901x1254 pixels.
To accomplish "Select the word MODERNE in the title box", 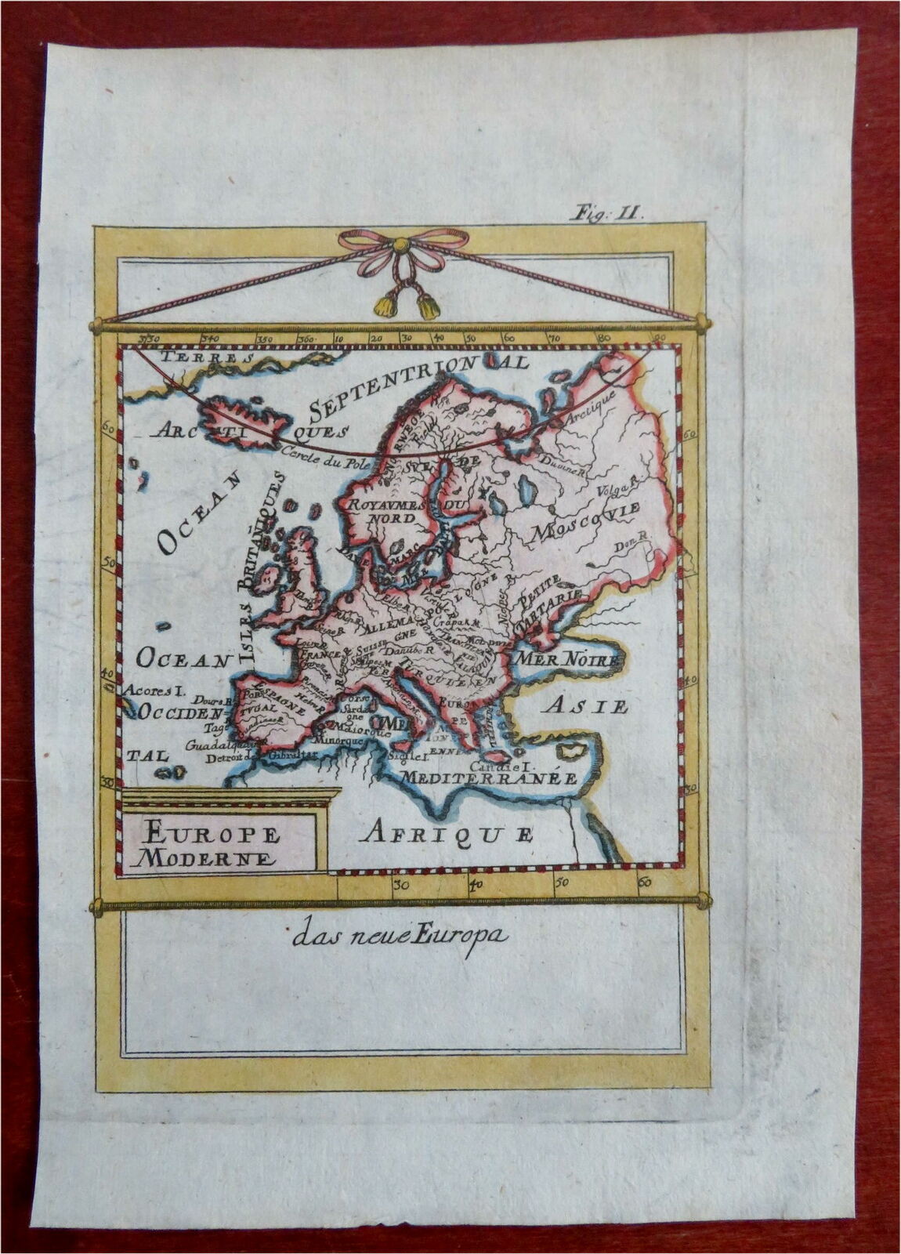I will point(206,857).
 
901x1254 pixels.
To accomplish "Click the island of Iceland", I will point(244,420).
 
